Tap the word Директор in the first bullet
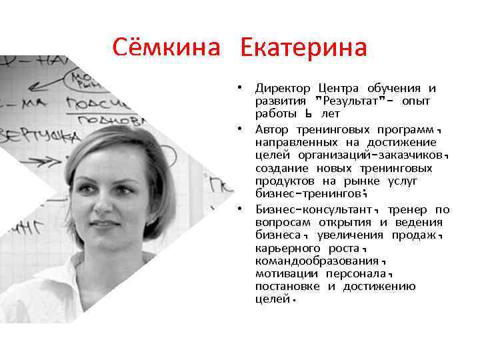(283, 89)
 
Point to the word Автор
(272, 129)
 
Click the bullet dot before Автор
(245, 129)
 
